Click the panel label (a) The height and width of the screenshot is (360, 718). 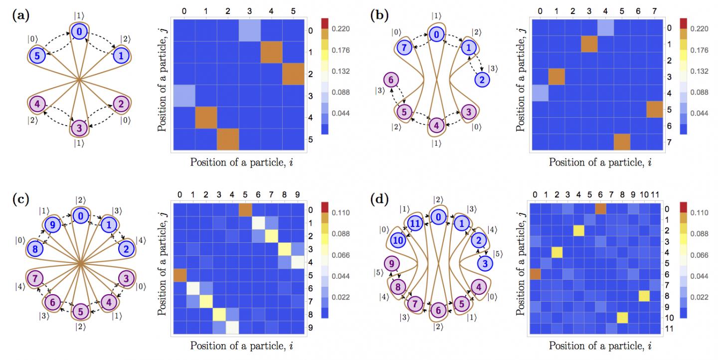coord(21,15)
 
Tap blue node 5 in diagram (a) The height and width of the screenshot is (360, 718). coord(37,56)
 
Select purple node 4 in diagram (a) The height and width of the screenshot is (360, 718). coord(37,104)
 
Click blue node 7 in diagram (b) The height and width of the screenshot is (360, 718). coord(404,48)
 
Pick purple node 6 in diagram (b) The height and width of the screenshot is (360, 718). coord(390,79)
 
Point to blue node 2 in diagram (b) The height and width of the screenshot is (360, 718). coord(482,79)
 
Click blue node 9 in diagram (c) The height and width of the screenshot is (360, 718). coord(52,225)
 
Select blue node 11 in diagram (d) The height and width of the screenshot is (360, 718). coord(415,223)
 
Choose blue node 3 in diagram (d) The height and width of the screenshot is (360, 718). coord(485,263)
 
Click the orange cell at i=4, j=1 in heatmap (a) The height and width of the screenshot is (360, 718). coord(271,52)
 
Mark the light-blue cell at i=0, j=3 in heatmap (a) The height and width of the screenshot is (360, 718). coord(184,96)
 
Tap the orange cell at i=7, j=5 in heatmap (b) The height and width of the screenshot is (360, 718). coord(655,109)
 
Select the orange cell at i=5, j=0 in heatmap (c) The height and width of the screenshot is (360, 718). coord(245,210)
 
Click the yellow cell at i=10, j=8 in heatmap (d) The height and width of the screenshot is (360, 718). coord(644,296)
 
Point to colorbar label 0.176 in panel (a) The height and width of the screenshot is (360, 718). coord(341,50)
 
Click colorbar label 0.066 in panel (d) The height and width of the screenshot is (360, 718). coord(699,255)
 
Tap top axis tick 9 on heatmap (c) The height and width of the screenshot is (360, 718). coord(298,194)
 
